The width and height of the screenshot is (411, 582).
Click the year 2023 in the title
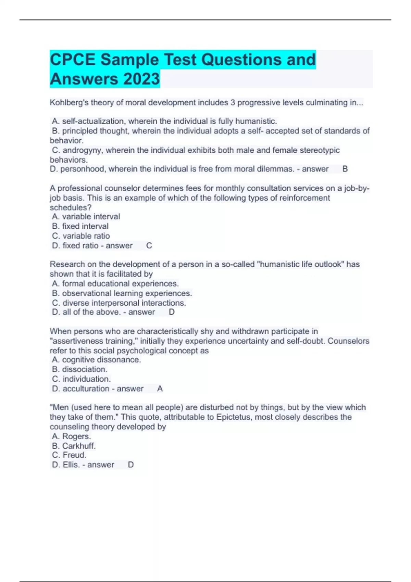pos(141,79)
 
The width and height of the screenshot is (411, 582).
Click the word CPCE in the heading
pos(73,60)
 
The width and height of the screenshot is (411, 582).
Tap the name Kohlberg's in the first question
pos(69,102)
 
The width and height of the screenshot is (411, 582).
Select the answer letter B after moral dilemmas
pos(345,169)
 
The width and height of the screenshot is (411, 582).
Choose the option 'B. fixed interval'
pos(80,226)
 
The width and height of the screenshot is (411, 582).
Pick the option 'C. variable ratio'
pos(81,236)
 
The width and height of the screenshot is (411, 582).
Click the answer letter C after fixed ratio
pos(149,245)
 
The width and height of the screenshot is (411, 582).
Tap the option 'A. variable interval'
pos(86,216)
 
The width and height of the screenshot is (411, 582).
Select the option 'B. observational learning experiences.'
pos(122,293)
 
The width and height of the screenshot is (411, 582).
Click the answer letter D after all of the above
pos(172,312)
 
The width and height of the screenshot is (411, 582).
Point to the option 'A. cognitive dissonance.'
pos(96,359)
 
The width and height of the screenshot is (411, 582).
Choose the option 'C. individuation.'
pos(81,379)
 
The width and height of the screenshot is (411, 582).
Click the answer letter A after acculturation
pos(160,389)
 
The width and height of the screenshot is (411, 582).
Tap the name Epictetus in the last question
pos(233,417)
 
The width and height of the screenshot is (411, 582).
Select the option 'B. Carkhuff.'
pos(74,446)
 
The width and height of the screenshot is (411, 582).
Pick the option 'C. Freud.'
pos(69,455)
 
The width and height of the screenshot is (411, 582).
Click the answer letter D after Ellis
pos(130,465)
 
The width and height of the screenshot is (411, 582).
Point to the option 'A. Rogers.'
pos(71,436)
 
